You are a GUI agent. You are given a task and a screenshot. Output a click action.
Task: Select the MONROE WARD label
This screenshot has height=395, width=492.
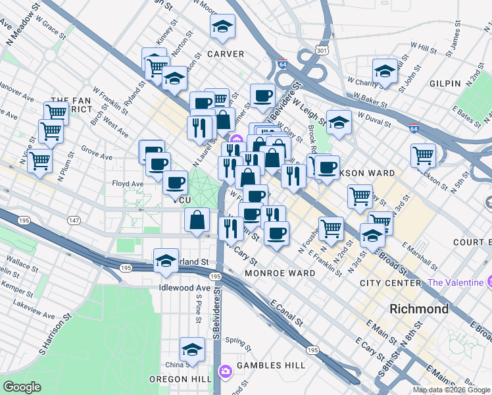(280, 273)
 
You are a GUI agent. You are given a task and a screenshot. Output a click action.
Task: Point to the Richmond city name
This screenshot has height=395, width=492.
(419, 309)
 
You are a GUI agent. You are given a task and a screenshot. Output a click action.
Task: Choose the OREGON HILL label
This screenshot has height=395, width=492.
(180, 380)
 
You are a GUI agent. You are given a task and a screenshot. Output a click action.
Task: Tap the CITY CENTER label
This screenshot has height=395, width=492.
(390, 283)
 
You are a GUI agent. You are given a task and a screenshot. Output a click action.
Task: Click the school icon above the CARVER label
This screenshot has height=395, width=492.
(223, 26)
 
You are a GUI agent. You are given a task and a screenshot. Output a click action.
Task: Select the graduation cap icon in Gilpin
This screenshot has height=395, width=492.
(385, 71)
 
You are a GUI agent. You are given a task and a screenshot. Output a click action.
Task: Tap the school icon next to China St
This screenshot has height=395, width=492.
(192, 349)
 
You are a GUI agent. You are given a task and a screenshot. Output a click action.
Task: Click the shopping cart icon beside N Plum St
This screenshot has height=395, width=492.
(40, 159)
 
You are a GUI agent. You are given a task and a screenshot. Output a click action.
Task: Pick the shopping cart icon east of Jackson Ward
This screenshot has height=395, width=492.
(423, 155)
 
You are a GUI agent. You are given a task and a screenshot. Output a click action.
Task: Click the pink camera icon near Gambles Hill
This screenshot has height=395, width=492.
(226, 372)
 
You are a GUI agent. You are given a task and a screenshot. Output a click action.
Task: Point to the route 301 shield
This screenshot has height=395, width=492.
(321, 50)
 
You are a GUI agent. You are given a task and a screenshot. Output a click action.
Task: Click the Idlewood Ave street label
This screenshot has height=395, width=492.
(184, 288)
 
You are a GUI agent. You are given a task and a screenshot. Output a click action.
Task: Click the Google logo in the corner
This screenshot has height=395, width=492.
(22, 387)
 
